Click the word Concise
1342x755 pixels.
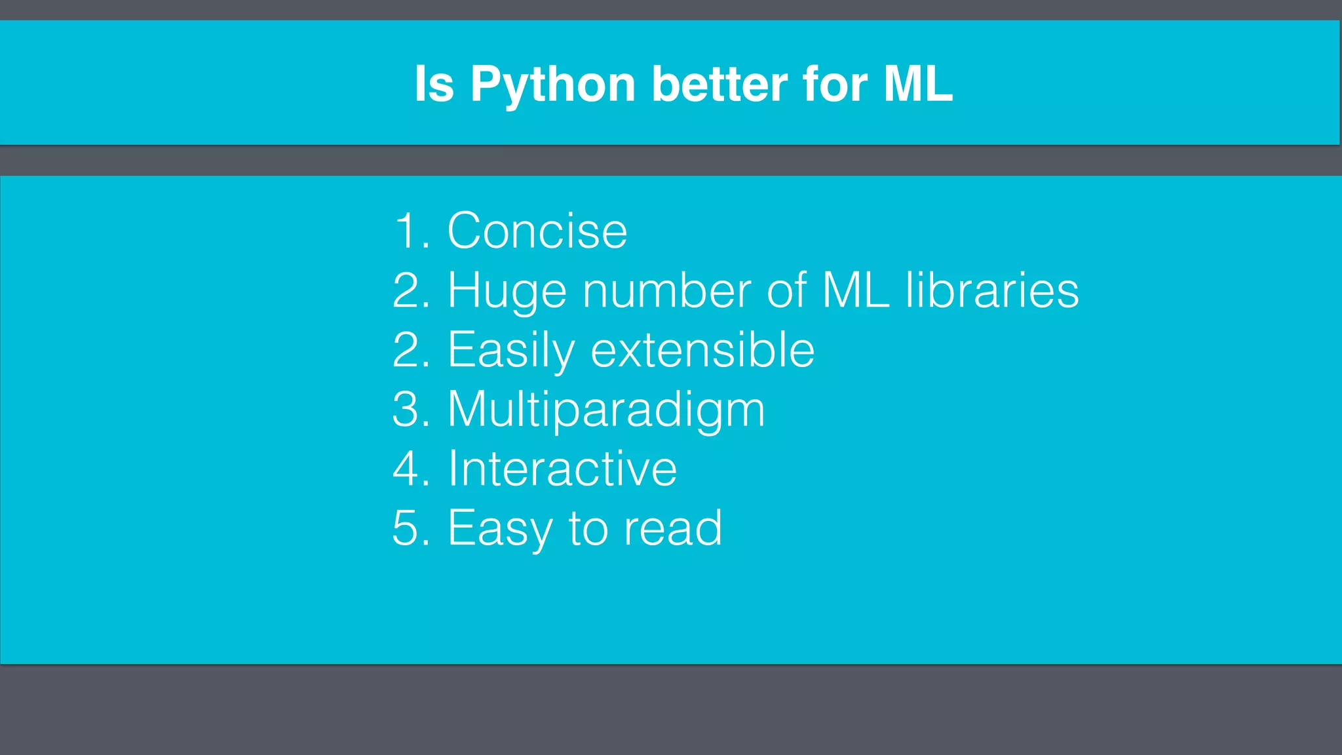point(537,231)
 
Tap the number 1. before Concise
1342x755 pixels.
point(411,231)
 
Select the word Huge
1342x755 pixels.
point(507,290)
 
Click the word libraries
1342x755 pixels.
point(991,290)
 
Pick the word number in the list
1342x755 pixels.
point(666,290)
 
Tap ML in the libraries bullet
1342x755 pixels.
point(854,290)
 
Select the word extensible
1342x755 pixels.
point(702,350)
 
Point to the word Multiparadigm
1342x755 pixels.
point(606,410)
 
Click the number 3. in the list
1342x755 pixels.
point(411,410)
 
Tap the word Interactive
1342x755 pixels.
point(562,469)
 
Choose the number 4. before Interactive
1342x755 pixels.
point(411,469)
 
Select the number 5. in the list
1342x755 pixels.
point(411,528)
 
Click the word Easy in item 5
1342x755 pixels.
point(500,528)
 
